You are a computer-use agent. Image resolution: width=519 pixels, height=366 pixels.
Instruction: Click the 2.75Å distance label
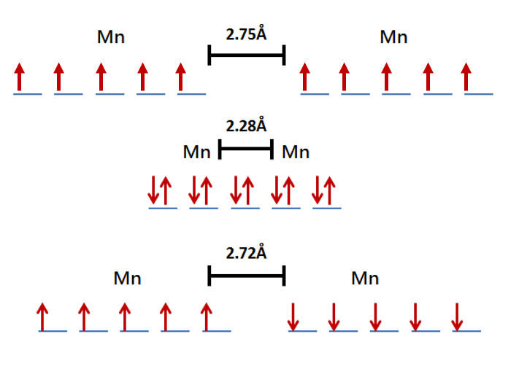pos(246,34)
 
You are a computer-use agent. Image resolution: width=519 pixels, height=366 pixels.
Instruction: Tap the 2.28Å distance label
pos(246,126)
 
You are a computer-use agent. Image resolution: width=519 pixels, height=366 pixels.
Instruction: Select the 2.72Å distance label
pos(246,253)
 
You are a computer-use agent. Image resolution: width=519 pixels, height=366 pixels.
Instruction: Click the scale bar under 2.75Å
pos(246,55)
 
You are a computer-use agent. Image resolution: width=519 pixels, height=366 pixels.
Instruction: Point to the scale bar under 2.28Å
pos(246,149)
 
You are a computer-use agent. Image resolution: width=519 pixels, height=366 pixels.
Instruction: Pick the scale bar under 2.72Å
pos(246,276)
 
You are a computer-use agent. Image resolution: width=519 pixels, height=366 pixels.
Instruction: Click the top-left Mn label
pos(111,36)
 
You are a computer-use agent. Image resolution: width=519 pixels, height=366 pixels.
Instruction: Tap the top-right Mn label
pos(393,36)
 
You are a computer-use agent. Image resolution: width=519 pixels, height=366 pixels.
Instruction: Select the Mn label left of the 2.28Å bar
pos(196,152)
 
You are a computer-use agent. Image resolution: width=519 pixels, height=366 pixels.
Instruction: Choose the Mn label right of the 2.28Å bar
pos(296,152)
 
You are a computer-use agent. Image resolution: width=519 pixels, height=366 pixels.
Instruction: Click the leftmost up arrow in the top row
pos(20,77)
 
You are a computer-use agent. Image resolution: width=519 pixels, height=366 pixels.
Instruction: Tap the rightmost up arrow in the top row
pos(467,77)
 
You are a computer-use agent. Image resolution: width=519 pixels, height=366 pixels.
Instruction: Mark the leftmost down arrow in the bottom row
pos(293,316)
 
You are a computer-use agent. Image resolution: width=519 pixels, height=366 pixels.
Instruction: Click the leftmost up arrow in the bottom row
pos(43,316)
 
